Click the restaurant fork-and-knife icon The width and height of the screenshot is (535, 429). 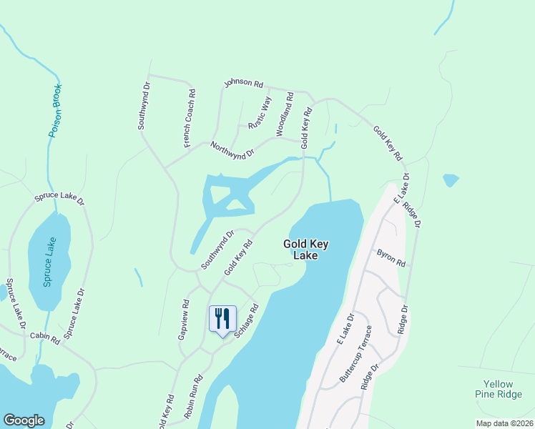click(x=222, y=318)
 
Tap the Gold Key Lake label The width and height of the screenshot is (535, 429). click(x=305, y=249)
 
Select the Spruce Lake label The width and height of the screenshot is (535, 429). click(x=48, y=262)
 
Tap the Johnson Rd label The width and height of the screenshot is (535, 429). click(x=243, y=83)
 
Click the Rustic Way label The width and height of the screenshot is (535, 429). click(x=260, y=113)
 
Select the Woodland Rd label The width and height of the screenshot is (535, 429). click(x=285, y=114)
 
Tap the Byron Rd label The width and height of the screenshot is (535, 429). click(x=391, y=257)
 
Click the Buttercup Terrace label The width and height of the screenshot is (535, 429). click(x=356, y=354)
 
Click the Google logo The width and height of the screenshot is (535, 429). click(x=24, y=420)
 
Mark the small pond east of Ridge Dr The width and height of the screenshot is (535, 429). click(x=451, y=179)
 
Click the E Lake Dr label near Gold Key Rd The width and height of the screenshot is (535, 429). click(x=401, y=189)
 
